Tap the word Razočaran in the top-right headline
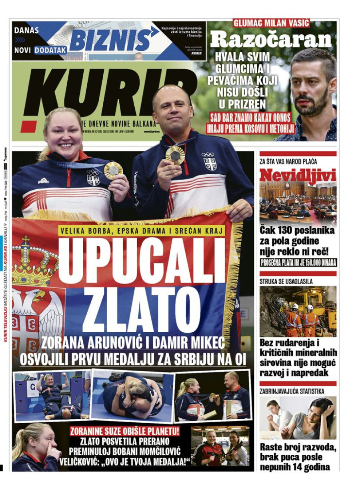pyautogui.click(x=271, y=40)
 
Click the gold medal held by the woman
pyautogui.click(x=113, y=170)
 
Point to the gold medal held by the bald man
pyautogui.click(x=175, y=155)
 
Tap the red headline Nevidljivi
pyautogui.click(x=298, y=175)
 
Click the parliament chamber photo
pyautogui.click(x=298, y=203)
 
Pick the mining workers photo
pyautogui.click(x=298, y=311)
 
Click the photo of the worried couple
pyautogui.click(x=298, y=418)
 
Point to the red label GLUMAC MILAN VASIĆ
pyautogui.click(x=272, y=23)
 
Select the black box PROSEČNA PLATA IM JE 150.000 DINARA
pyautogui.click(x=298, y=263)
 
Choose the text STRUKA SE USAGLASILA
pyautogui.click(x=286, y=281)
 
